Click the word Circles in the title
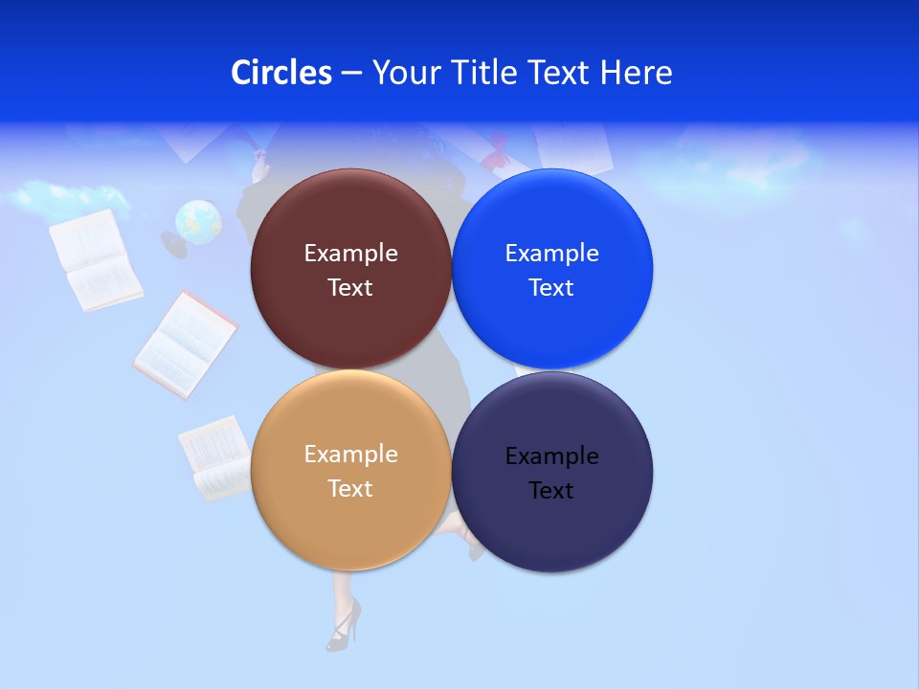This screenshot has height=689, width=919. click(281, 73)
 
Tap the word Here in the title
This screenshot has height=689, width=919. click(637, 73)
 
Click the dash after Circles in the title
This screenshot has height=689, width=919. click(351, 74)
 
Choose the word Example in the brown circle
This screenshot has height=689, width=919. click(350, 254)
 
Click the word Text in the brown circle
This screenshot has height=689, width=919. click(350, 288)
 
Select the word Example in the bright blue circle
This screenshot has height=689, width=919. click(551, 254)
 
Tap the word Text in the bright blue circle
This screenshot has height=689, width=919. click(551, 288)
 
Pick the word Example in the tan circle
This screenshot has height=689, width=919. click(350, 455)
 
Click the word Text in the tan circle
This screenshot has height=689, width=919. click(350, 489)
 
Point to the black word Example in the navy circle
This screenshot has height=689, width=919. click(551, 456)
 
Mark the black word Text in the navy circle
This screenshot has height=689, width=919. click(551, 491)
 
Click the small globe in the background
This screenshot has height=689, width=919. click(198, 222)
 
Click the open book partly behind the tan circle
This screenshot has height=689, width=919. click(216, 458)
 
